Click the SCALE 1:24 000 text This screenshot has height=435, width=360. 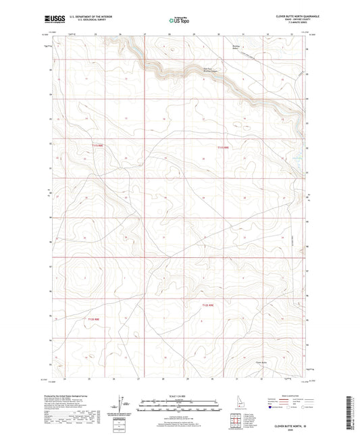pyautogui.click(x=180, y=395)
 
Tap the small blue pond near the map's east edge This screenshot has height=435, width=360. pyautogui.click(x=295, y=159)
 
